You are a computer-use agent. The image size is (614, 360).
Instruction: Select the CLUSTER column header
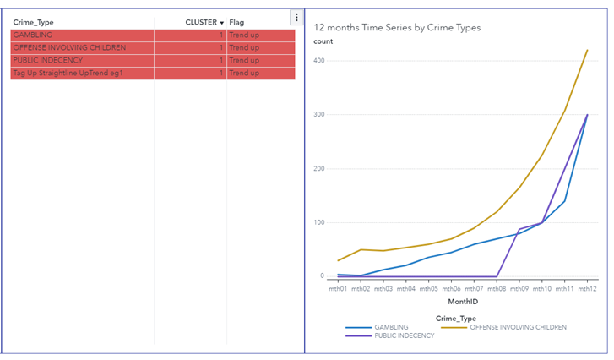201,22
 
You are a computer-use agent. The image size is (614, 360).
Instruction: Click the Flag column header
236,22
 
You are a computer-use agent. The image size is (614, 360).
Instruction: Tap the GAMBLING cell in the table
32,35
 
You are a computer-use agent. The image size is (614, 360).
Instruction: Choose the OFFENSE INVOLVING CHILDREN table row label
69,47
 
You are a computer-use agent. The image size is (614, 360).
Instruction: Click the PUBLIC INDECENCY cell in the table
47,60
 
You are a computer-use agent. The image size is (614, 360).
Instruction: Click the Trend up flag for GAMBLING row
244,35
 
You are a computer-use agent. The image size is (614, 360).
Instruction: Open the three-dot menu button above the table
296,18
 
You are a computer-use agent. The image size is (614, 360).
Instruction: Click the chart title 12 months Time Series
397,27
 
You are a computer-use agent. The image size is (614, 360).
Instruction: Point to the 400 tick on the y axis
318,61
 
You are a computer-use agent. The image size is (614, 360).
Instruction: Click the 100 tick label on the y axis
318,222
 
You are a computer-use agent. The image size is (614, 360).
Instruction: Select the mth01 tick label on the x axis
338,288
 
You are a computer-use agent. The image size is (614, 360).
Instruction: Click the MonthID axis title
462,301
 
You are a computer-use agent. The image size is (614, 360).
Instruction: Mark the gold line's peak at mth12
586,50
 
